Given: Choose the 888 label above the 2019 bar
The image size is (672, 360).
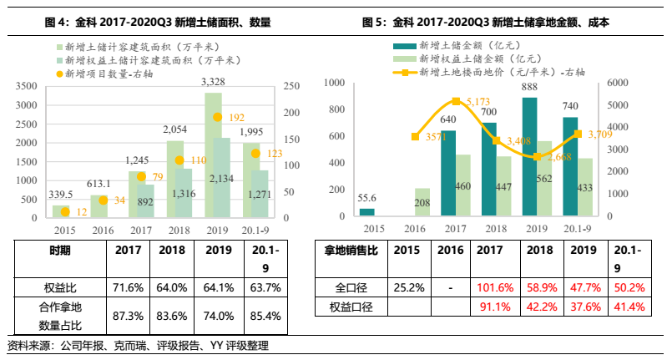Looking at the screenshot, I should [x=529, y=87].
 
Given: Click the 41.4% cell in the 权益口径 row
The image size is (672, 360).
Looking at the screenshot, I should [x=629, y=307].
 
